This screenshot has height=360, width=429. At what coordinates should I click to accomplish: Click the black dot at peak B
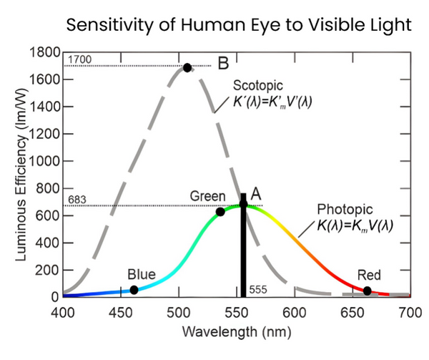coord(187,67)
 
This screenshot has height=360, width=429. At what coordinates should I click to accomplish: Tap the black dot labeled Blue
coord(134,290)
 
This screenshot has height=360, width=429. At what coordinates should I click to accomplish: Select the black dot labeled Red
coord(367,291)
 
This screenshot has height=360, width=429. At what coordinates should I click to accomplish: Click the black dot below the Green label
coord(220,212)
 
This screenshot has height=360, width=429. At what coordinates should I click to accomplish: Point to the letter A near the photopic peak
coord(256,193)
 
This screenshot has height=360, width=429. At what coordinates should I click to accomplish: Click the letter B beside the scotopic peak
coord(222,63)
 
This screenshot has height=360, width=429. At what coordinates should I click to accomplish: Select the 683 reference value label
coord(77,199)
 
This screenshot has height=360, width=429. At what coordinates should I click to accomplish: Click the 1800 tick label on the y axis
coord(44,53)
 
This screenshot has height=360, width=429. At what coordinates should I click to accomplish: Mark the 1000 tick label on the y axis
coord(44,162)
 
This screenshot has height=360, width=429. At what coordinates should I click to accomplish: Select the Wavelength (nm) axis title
coord(235,333)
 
